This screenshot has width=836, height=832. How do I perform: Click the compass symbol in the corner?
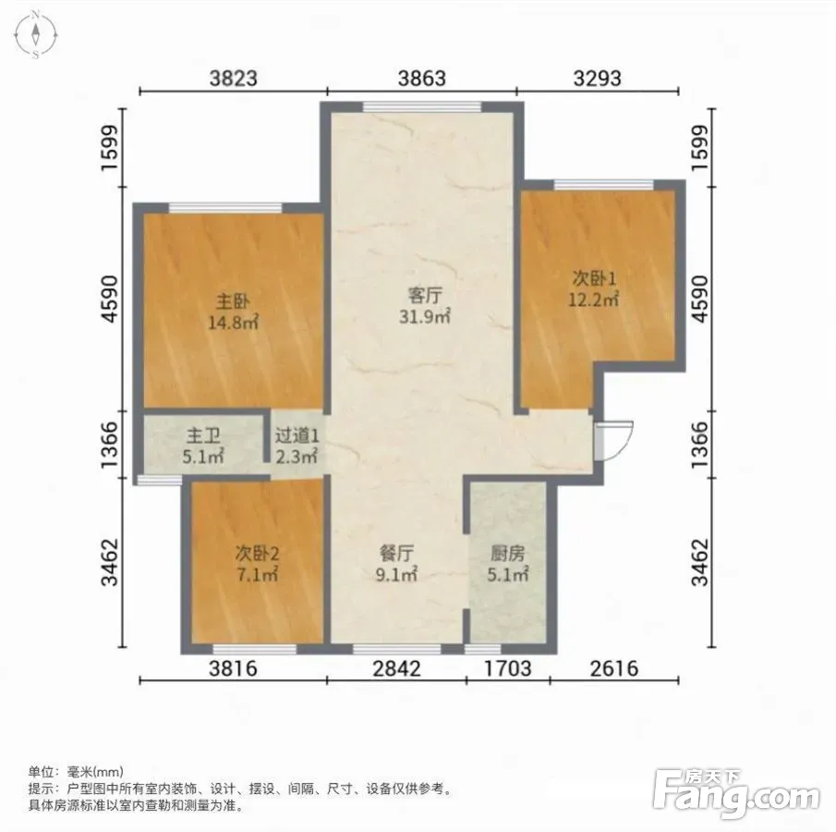(35, 35)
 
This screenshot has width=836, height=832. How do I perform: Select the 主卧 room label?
(233, 301)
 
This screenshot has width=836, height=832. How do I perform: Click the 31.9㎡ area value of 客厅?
(425, 316)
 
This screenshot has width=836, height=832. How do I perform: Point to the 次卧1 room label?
(594, 278)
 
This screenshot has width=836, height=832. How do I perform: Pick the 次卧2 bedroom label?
(257, 554)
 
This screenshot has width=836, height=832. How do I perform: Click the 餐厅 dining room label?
(396, 554)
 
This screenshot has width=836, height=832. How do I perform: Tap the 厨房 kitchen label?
(507, 554)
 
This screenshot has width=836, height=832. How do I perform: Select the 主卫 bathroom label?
(203, 436)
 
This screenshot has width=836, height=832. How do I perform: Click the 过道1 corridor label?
(297, 436)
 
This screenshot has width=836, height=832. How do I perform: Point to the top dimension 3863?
(422, 79)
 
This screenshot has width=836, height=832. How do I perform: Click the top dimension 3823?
(234, 79)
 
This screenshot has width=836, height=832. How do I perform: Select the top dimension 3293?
(597, 79)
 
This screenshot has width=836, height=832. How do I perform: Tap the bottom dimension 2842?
(396, 668)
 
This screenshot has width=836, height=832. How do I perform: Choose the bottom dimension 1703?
(507, 668)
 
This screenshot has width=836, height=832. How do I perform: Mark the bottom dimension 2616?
(614, 668)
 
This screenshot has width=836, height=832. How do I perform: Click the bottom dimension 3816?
(233, 668)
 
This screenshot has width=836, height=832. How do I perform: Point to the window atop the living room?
(422, 106)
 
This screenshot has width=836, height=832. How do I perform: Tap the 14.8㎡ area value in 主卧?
(233, 323)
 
